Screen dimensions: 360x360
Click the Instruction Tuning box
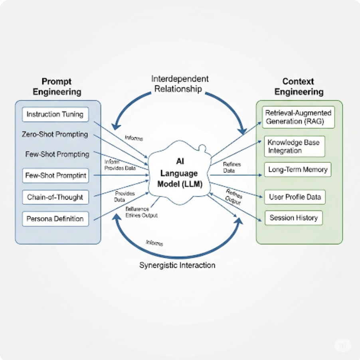tap(55, 115)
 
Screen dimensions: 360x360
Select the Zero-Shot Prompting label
tap(55, 135)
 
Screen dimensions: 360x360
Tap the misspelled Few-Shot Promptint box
tap(55, 175)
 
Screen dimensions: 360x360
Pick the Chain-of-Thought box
tap(55, 197)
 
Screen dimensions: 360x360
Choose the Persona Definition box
tap(55, 219)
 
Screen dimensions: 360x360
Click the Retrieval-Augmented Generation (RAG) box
tap(298, 117)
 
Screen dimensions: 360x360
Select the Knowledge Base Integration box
tap(294, 146)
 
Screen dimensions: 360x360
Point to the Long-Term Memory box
tap(298, 170)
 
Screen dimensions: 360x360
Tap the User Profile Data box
tap(295, 197)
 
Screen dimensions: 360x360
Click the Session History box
tap(294, 218)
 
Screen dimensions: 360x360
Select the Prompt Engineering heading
tap(57, 87)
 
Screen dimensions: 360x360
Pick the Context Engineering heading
tap(299, 87)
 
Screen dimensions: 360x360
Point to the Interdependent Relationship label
tap(180, 84)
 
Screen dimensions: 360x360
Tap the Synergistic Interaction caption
tap(177, 265)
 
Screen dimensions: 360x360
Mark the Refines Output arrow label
tap(233, 196)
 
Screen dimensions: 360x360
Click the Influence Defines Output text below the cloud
tap(142, 212)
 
